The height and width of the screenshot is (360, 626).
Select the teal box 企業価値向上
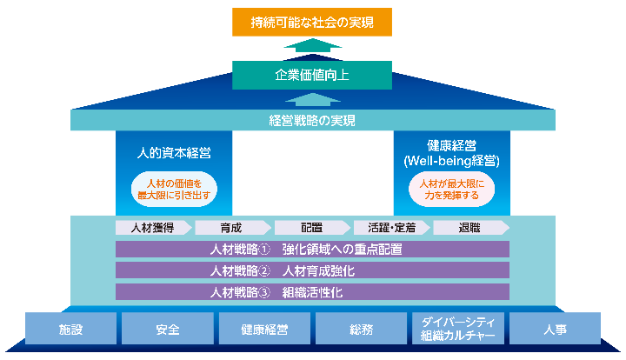click(312, 75)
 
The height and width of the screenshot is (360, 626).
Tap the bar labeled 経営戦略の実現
click(312, 121)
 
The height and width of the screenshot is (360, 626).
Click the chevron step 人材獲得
click(151, 228)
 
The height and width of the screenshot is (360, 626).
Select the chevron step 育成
click(230, 228)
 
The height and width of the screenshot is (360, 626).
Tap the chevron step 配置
click(311, 228)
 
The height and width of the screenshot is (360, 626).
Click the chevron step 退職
click(469, 228)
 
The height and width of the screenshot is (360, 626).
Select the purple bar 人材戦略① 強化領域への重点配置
click(312, 250)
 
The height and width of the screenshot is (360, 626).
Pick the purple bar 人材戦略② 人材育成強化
click(312, 270)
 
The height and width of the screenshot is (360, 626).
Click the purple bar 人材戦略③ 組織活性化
click(312, 292)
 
